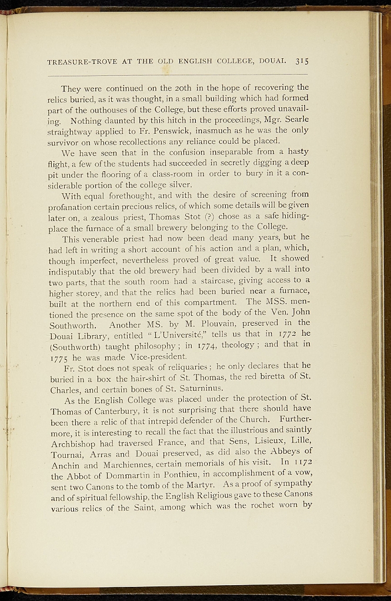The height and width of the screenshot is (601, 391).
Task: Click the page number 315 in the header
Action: pyautogui.click(x=302, y=60)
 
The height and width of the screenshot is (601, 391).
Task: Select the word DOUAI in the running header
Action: pyautogui.click(x=272, y=61)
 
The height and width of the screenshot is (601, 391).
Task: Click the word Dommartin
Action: pyautogui.click(x=128, y=478)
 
